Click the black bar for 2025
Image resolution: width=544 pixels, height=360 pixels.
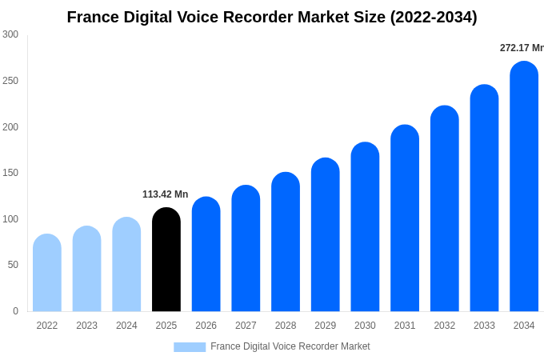[x=166, y=260]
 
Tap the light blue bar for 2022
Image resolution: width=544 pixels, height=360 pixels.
[x=47, y=273]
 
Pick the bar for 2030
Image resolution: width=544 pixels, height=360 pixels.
[x=365, y=227]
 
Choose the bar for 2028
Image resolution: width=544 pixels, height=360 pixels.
[x=286, y=242]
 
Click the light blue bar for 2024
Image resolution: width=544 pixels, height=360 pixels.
[x=126, y=265]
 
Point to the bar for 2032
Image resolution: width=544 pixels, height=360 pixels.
[x=445, y=209]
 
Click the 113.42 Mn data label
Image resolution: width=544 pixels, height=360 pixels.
[x=165, y=194]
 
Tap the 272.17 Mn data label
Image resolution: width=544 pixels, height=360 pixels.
[x=522, y=48]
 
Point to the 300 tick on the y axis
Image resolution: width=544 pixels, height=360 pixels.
[x=10, y=34]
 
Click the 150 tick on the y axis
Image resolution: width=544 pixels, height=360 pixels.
[x=10, y=173]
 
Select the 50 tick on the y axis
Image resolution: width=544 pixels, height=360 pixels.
[x=13, y=265]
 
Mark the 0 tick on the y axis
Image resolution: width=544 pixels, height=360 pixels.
[x=15, y=311]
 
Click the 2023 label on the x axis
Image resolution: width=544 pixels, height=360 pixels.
[x=86, y=326]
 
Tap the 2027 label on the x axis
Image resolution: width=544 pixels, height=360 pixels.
[x=246, y=326]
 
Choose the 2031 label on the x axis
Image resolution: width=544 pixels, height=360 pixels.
[x=405, y=326]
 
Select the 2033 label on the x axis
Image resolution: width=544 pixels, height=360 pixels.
[x=484, y=326]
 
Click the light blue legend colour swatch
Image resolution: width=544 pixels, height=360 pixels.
[x=190, y=347]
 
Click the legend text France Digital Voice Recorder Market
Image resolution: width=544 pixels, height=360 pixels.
[x=290, y=346]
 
